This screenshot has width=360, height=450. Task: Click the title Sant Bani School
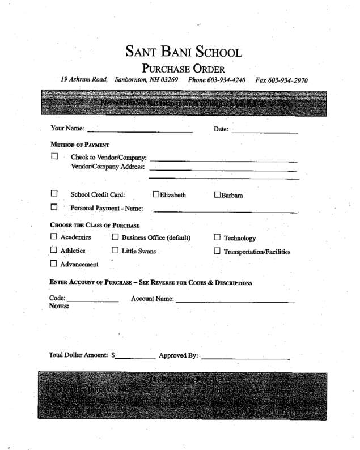184,53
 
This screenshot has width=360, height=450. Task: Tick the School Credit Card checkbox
55,194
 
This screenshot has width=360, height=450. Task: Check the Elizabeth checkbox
156,195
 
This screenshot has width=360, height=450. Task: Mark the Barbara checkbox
218,196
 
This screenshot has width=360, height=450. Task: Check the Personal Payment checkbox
55,207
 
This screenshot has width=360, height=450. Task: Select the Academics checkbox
54,237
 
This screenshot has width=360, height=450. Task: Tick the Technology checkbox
217,238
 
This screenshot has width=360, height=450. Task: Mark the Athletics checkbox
54,250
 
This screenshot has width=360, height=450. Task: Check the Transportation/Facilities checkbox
217,251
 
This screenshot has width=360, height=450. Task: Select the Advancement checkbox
54,264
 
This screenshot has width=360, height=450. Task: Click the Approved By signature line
245,356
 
